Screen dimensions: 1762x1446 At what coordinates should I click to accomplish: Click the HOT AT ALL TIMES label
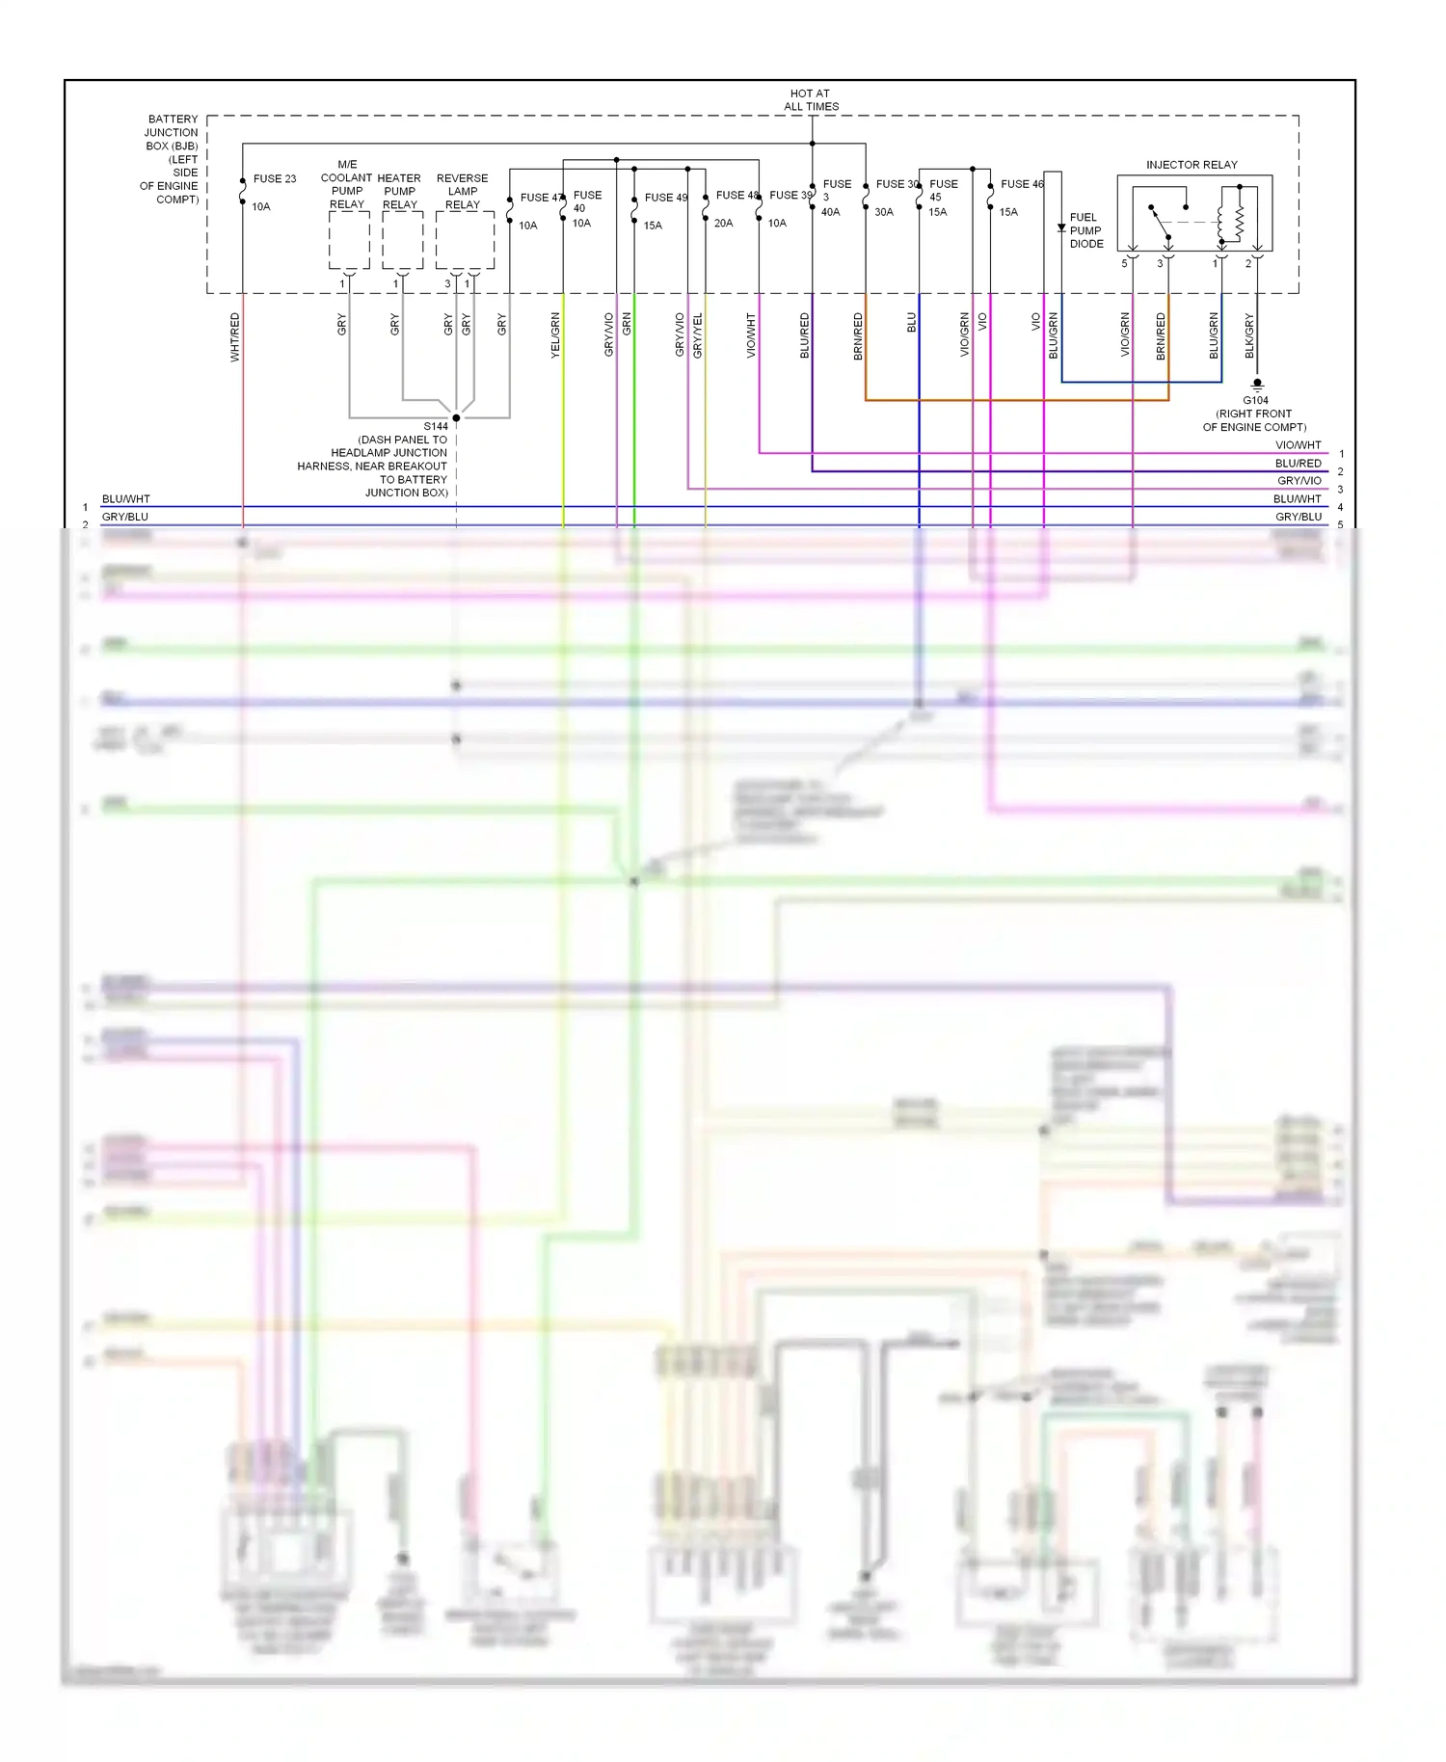[811, 100]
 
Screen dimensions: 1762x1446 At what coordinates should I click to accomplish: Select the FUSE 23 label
[275, 179]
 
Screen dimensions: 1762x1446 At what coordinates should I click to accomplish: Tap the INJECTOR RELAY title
[1192, 165]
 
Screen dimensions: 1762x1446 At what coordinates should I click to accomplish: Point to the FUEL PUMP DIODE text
[1085, 230]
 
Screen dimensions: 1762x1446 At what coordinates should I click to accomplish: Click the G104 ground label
[1255, 400]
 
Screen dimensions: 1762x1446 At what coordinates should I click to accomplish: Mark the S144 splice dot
[456, 417]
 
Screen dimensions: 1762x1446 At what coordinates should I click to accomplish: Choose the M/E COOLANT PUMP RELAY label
[347, 184]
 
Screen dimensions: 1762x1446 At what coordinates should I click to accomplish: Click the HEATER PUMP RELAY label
[399, 191]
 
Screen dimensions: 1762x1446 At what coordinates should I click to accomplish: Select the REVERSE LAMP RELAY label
[463, 191]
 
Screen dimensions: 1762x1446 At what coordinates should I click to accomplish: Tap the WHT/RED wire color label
[235, 336]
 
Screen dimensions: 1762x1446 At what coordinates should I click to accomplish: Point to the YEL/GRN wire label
[555, 335]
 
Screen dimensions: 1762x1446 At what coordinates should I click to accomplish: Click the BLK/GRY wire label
[1249, 335]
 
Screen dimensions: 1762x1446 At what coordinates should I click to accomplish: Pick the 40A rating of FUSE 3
[830, 212]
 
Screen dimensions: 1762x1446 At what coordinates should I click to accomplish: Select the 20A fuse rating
[723, 223]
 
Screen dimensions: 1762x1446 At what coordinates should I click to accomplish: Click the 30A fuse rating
[884, 212]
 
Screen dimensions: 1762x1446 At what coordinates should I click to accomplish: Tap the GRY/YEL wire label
[698, 335]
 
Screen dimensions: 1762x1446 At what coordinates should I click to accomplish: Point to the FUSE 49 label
[666, 198]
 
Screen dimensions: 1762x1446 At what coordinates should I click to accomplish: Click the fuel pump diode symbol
[1061, 228]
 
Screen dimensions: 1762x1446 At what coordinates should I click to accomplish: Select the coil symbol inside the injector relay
[1239, 223]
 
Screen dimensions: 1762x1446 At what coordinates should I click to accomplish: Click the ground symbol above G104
[1257, 384]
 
